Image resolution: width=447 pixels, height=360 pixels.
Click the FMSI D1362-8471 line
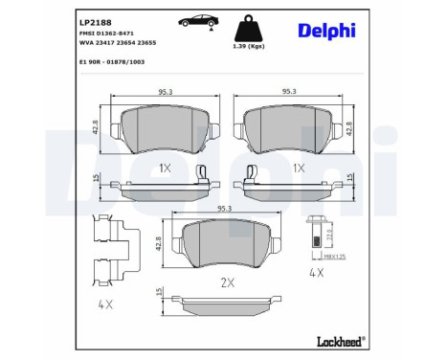107,33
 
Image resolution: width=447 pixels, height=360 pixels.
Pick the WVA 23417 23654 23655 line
118,44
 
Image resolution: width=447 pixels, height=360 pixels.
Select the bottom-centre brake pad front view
225,246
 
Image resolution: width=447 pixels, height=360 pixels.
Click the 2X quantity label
227,283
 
